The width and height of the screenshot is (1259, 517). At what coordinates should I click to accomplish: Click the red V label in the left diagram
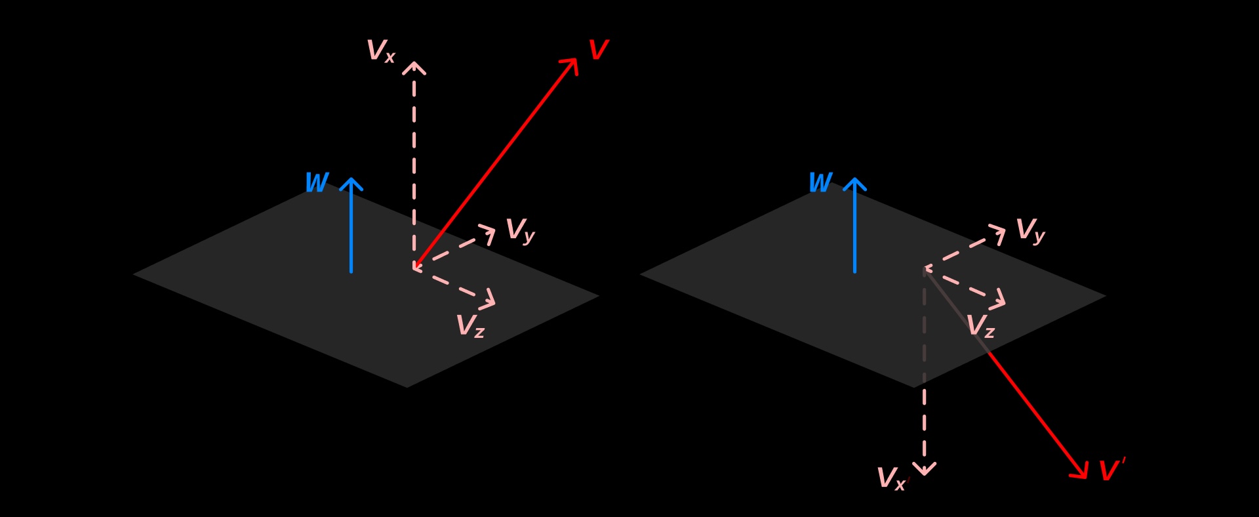point(598,51)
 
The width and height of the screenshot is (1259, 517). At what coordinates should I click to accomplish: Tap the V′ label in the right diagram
point(1111,470)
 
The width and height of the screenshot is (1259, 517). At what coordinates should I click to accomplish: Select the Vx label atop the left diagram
point(380,51)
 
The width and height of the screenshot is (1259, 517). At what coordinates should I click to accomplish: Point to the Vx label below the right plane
point(891,479)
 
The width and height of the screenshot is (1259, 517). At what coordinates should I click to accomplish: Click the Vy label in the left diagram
point(520,231)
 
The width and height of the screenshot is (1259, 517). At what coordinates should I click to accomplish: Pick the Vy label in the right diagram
point(1029,231)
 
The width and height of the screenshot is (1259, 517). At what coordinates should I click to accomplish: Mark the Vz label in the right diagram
point(980,326)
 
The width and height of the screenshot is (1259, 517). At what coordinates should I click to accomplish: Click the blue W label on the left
point(317,182)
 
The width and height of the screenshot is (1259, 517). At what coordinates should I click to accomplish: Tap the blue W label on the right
point(820,182)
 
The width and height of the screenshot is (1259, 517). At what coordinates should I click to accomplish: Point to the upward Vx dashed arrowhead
point(414,65)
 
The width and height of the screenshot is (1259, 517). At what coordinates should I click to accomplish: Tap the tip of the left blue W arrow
point(351,180)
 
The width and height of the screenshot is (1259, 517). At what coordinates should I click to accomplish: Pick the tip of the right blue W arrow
point(854,180)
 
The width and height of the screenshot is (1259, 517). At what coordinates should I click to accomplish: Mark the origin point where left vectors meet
point(414,268)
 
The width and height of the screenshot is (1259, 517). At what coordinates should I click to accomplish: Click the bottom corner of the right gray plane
point(914,387)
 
